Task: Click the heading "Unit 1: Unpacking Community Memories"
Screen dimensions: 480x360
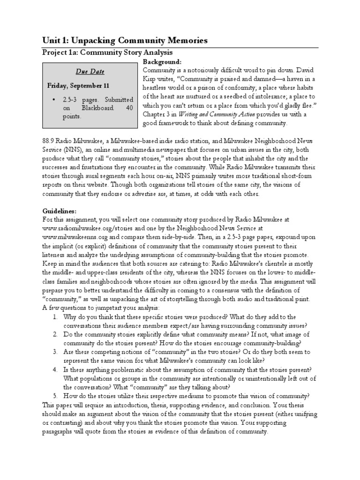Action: tap(125, 41)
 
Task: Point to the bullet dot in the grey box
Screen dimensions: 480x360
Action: tap(54, 100)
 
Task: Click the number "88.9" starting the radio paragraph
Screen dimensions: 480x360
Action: tap(50, 141)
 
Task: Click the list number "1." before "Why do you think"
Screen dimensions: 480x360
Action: tap(55, 317)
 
